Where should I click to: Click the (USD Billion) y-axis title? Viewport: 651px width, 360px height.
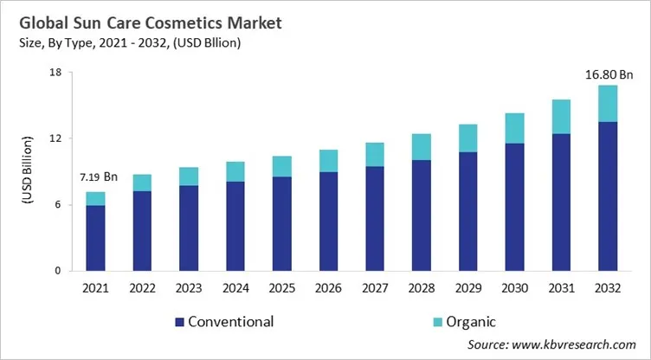pyautogui.click(x=27, y=171)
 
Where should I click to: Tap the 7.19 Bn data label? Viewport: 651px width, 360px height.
pyautogui.click(x=96, y=177)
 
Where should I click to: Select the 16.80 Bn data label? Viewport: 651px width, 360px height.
pyautogui.click(x=605, y=74)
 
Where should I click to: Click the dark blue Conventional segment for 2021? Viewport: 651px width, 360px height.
pyautogui.click(x=96, y=238)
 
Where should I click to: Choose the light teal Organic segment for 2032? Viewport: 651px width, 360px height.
pyautogui.click(x=608, y=103)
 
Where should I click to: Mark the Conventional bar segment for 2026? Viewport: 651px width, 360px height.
pyautogui.click(x=328, y=221)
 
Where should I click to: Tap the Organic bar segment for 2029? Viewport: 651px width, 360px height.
pyautogui.click(x=468, y=138)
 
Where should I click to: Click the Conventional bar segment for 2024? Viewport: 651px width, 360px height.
pyautogui.click(x=235, y=226)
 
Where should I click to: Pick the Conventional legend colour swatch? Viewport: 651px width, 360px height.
pyautogui.click(x=180, y=322)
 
